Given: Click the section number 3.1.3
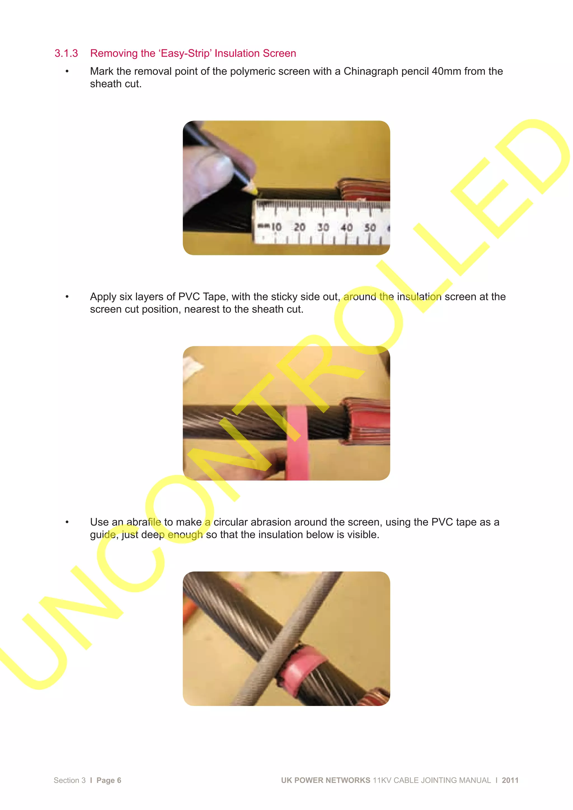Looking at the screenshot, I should [66, 53].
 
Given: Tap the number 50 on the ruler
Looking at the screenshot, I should [370, 228].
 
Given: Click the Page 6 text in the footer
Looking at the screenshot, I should [109, 780].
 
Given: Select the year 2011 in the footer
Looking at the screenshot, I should [510, 780].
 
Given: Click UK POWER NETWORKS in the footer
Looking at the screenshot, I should [325, 780].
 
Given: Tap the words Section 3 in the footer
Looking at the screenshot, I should [70, 780].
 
